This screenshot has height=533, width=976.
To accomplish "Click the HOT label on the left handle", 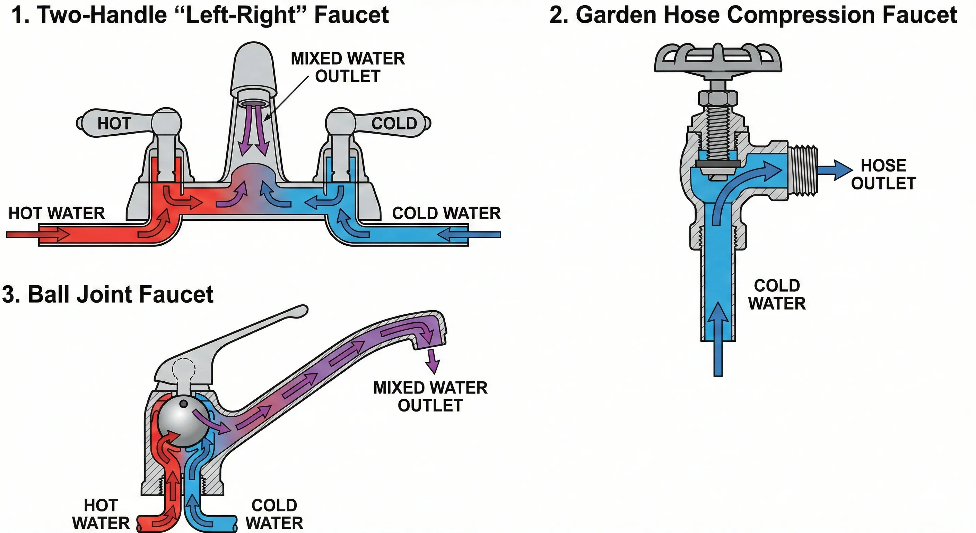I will (114, 124).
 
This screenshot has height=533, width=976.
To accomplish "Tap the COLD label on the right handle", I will (394, 124).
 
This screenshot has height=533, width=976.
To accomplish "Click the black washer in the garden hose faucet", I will (718, 163).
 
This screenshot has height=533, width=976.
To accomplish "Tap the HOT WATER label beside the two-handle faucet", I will (56, 213).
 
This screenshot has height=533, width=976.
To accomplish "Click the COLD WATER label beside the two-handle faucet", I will (446, 213).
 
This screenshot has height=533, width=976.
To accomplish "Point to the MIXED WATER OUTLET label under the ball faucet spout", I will (430, 396).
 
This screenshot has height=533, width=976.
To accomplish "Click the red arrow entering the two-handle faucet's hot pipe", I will (38, 235).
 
